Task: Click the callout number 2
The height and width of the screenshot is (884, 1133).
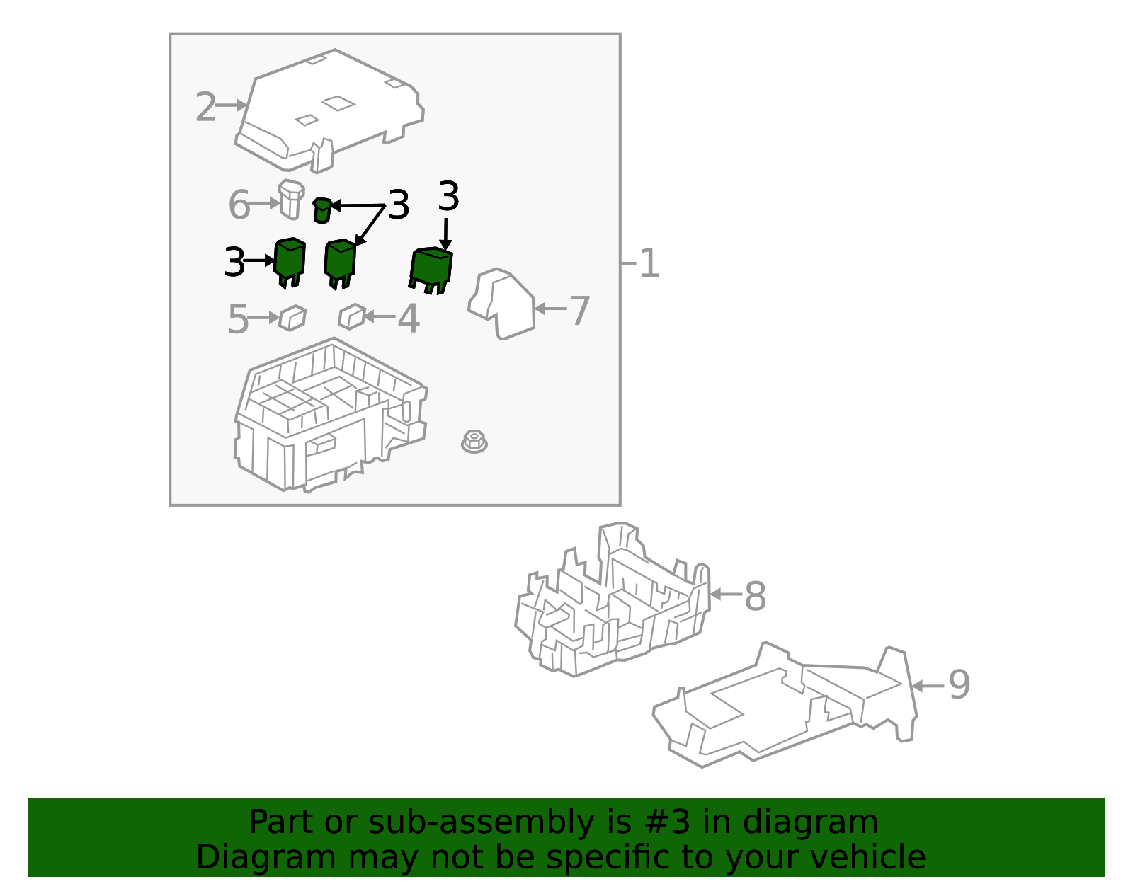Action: click(205, 108)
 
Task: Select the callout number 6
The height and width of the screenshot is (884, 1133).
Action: click(239, 205)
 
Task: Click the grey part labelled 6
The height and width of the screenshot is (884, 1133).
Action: click(290, 199)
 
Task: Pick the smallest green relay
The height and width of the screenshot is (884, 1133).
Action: click(321, 210)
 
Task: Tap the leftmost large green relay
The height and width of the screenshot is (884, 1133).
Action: click(290, 260)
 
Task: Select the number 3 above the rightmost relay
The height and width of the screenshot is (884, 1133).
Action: click(448, 196)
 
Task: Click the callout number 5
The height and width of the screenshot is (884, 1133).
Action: click(238, 320)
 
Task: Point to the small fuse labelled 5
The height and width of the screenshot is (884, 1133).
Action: click(292, 318)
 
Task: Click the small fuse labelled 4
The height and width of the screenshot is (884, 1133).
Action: click(351, 316)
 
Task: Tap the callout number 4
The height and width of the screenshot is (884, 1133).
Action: click(408, 319)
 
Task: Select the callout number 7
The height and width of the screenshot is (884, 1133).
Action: click(579, 311)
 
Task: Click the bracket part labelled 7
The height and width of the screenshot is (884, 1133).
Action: click(502, 304)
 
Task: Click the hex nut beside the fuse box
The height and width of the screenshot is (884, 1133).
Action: click(474, 442)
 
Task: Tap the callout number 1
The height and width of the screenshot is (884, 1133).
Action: click(649, 263)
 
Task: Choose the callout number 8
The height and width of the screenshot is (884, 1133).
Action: click(755, 596)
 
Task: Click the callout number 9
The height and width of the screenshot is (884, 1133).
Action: click(959, 685)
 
